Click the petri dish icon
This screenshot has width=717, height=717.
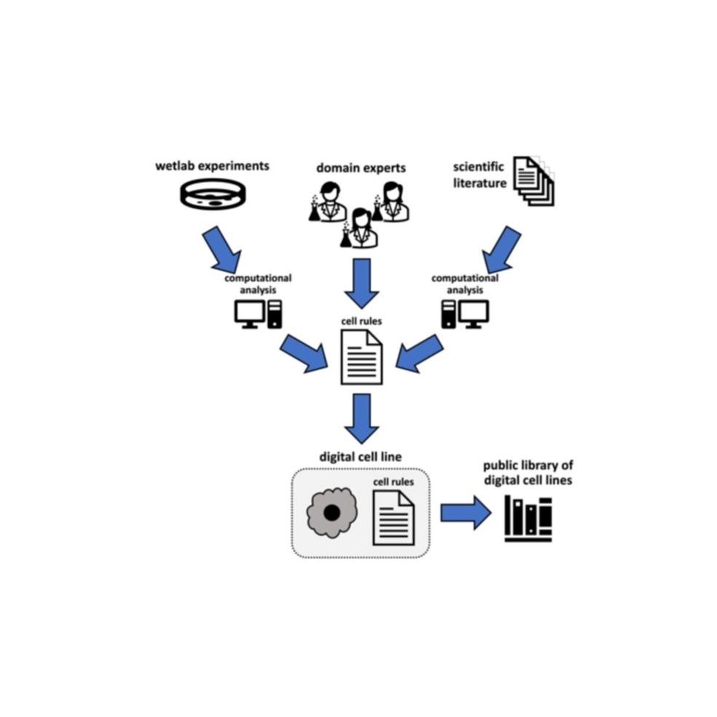(x=213, y=195)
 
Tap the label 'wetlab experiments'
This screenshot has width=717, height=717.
(x=212, y=165)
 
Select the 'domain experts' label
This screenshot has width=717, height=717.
(x=361, y=168)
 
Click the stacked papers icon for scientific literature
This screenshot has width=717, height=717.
(x=533, y=180)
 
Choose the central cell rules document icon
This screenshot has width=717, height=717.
(x=361, y=357)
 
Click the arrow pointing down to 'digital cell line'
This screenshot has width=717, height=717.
(x=361, y=418)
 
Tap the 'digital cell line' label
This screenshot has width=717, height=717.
(x=361, y=457)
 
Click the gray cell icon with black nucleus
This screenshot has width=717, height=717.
(x=332, y=512)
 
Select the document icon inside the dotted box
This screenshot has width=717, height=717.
(x=393, y=518)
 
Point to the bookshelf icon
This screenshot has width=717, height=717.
(x=528, y=519)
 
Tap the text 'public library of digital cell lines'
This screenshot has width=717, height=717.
(x=528, y=473)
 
